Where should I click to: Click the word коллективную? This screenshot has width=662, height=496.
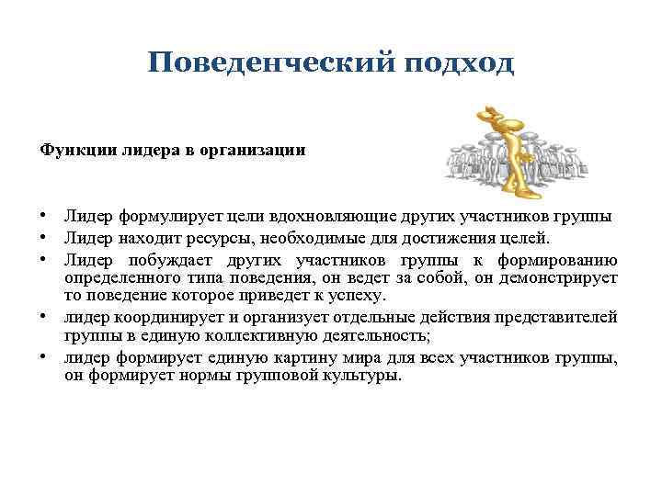237,335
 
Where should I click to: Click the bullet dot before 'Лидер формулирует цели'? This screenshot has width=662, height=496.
43,217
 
